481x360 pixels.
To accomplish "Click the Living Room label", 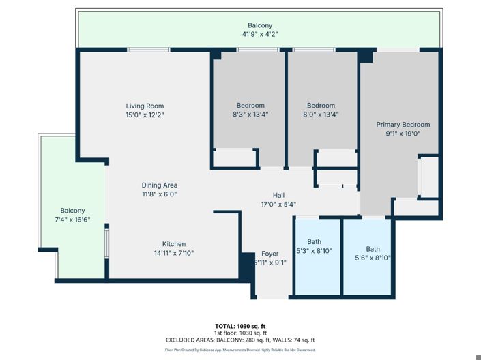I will [x=145, y=106].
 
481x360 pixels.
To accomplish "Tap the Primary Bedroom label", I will [x=403, y=125].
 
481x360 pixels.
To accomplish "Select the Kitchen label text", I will [x=173, y=244].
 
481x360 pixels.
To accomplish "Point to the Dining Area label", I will [x=159, y=185].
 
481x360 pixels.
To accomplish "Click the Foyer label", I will [x=269, y=254].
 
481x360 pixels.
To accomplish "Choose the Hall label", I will [x=278, y=194].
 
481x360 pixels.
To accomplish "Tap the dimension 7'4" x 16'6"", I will [x=73, y=220].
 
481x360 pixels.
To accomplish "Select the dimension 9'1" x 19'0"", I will [x=403, y=134].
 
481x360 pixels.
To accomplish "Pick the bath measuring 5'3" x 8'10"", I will [x=314, y=246].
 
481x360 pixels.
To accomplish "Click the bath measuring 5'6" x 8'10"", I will [x=373, y=253].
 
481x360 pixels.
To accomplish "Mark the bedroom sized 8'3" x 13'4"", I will [x=250, y=110].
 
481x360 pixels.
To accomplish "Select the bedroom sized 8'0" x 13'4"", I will [x=321, y=110].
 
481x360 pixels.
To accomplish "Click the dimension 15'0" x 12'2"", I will [x=145, y=115].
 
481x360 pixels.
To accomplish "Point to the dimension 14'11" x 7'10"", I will [x=173, y=253].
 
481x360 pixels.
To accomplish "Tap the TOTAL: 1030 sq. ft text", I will [x=240, y=325].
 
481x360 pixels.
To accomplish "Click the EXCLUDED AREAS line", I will [x=240, y=340].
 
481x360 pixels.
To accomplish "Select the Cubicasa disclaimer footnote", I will [x=240, y=349].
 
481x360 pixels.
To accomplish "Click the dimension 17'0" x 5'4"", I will [x=278, y=203].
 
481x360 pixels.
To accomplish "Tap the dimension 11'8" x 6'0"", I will [x=159, y=194].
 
